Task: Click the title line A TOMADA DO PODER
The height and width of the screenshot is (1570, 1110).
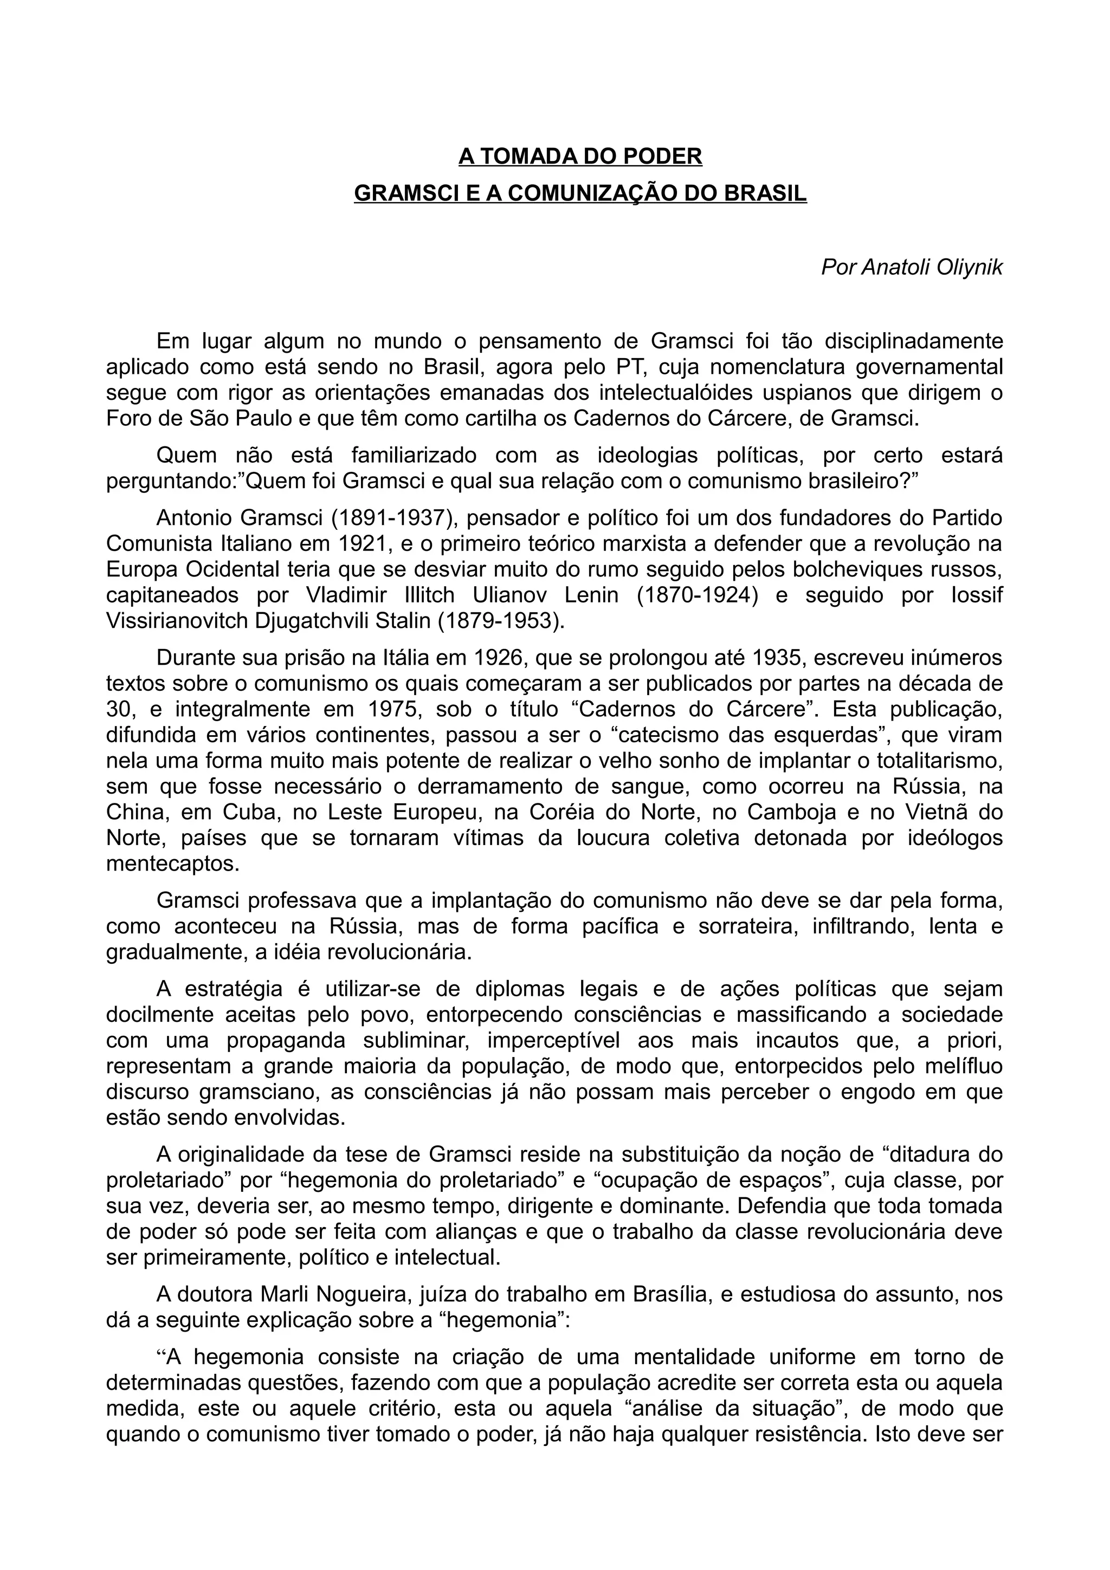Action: (580, 157)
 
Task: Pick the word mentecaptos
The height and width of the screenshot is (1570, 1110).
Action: (172, 864)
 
